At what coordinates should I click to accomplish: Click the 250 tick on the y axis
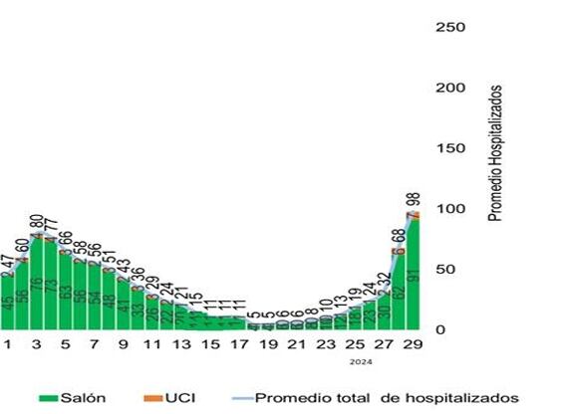point(451,26)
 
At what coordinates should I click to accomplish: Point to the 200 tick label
point(451,88)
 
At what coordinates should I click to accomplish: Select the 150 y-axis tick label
point(451,148)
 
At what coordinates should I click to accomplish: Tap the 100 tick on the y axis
point(451,209)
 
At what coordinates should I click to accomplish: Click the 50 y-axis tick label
point(446,270)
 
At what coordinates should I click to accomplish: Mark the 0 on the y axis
point(441,329)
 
